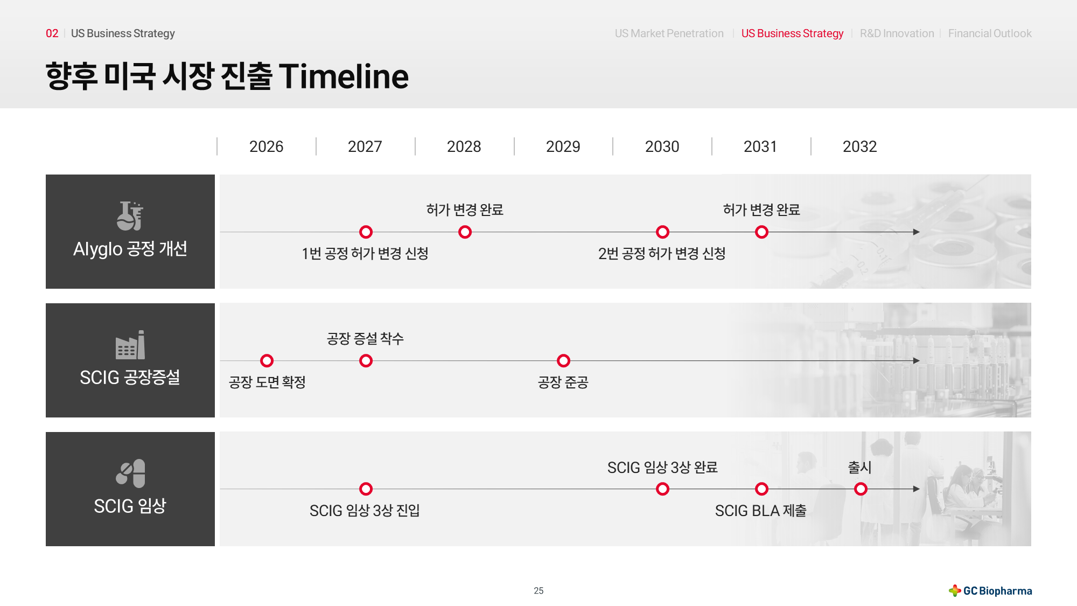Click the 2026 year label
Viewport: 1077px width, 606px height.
click(x=266, y=147)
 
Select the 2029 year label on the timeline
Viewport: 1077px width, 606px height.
click(x=563, y=147)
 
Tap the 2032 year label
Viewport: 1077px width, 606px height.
click(x=859, y=147)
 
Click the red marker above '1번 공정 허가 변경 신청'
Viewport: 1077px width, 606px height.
click(x=366, y=232)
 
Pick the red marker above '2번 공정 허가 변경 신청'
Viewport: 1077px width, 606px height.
click(x=662, y=232)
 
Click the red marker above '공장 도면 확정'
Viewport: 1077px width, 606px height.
click(x=267, y=360)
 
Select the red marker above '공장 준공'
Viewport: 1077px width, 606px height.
click(x=563, y=360)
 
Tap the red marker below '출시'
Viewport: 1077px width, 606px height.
click(x=861, y=489)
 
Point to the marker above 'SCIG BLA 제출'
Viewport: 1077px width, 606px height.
click(x=761, y=489)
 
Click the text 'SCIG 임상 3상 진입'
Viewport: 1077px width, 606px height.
click(x=365, y=511)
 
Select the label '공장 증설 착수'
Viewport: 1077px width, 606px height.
click(x=365, y=339)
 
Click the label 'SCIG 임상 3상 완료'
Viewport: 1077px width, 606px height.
click(x=662, y=468)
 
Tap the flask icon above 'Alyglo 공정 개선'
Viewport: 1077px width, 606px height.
click(x=130, y=215)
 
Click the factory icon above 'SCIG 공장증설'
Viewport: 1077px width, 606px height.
click(x=130, y=345)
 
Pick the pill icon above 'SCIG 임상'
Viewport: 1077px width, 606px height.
click(x=130, y=473)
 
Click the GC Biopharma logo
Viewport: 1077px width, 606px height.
click(x=990, y=591)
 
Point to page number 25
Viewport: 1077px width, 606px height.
click(x=538, y=591)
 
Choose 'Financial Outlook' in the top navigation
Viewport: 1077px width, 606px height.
click(x=990, y=33)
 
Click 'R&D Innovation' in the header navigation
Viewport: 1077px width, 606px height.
click(x=897, y=33)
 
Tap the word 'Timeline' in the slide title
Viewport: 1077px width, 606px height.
click(x=344, y=76)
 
